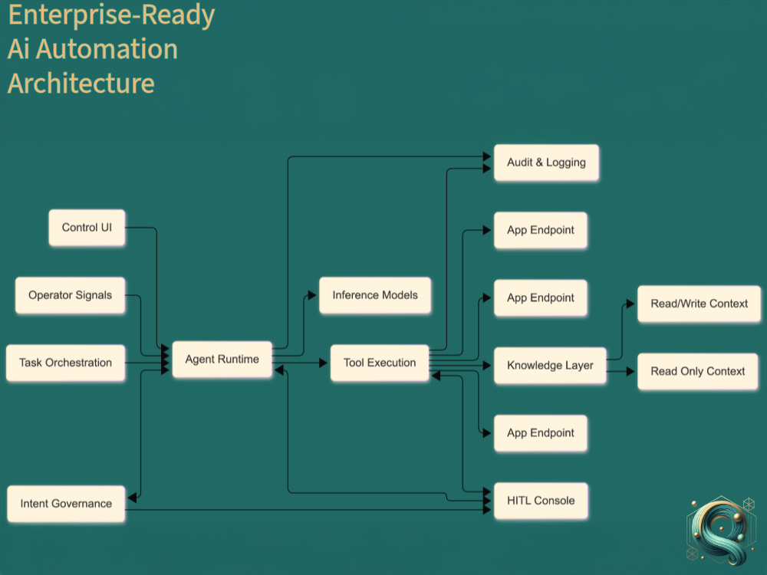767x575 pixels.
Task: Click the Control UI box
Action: coord(87,228)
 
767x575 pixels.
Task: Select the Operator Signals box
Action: coord(70,295)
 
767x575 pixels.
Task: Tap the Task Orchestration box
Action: coord(65,363)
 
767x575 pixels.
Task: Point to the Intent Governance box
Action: coord(66,504)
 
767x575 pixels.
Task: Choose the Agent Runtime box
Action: coord(222,360)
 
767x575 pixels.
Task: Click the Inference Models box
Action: coord(375,295)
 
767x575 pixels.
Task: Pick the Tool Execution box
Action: coord(380,363)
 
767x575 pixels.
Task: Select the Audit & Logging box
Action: coord(546,163)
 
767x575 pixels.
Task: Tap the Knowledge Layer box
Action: coord(550,365)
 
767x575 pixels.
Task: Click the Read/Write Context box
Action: coord(699,304)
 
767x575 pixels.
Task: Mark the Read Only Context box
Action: coord(697,371)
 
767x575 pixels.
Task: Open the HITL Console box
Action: coord(541,501)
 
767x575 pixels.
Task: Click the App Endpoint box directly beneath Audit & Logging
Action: coord(541,230)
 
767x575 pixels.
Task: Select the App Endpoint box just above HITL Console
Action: coord(541,432)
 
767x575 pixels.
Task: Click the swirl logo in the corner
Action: coord(720,531)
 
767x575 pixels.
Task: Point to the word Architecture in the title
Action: coord(81,83)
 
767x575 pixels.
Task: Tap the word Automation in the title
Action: coord(107,49)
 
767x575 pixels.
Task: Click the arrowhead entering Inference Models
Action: coord(312,295)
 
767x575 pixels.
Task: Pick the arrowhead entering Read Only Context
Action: coord(630,372)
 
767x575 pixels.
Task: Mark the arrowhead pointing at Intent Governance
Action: coord(132,498)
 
